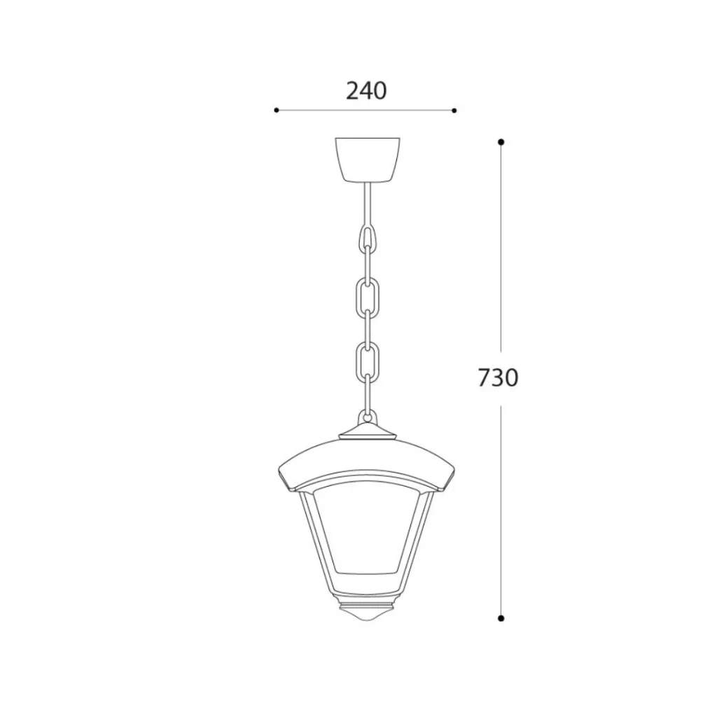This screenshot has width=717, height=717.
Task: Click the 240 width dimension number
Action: click(366, 90)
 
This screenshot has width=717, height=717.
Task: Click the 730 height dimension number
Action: click(498, 377)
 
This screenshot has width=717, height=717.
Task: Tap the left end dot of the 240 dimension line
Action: click(276, 110)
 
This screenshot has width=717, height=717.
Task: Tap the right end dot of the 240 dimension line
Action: click(454, 110)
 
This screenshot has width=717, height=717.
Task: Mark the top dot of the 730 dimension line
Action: click(501, 142)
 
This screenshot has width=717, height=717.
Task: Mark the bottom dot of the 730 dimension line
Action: click(501, 618)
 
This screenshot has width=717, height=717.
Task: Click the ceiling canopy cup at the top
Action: click(368, 159)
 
